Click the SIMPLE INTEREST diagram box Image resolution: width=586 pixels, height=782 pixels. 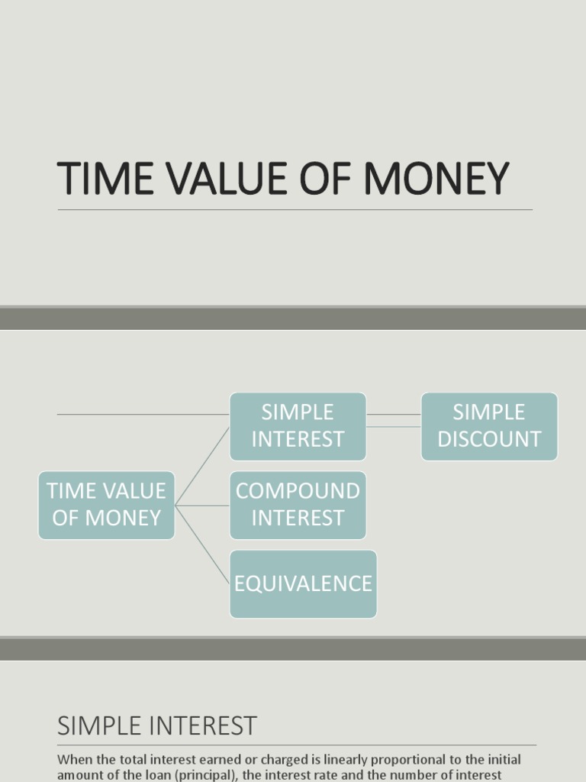298,426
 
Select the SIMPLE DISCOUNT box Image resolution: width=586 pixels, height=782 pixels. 489,426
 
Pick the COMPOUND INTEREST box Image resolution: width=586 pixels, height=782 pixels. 298,505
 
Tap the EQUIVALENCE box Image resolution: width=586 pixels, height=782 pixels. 303,583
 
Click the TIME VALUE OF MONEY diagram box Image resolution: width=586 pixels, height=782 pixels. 106,505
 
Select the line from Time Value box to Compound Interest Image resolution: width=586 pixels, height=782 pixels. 202,506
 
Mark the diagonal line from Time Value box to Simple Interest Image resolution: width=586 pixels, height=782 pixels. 203,465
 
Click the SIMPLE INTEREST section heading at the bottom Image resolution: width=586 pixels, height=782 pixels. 157,725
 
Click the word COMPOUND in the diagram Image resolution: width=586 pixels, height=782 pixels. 298,491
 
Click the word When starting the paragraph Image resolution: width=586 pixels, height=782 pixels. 73,761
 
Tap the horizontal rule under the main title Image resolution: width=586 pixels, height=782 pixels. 295,210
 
